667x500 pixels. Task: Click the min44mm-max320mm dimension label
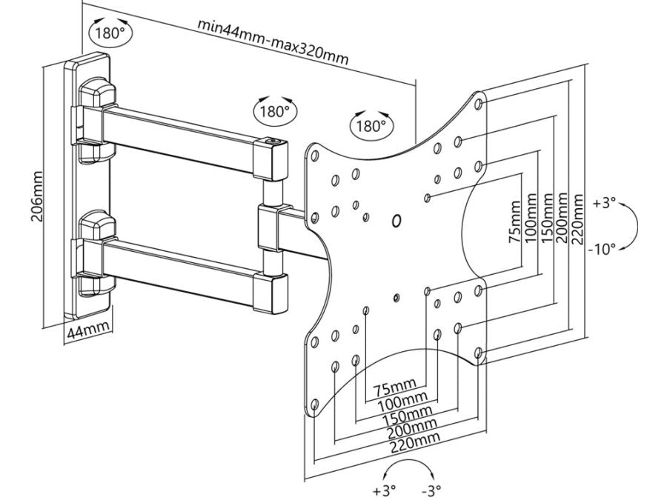click(273, 41)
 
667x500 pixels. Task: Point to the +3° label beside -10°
click(605, 201)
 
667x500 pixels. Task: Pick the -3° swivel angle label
click(430, 489)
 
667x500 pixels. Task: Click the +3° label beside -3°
click(383, 489)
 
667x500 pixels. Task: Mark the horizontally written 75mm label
click(395, 386)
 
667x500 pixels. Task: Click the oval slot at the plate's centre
click(395, 221)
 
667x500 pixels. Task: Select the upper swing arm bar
click(182, 130)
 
